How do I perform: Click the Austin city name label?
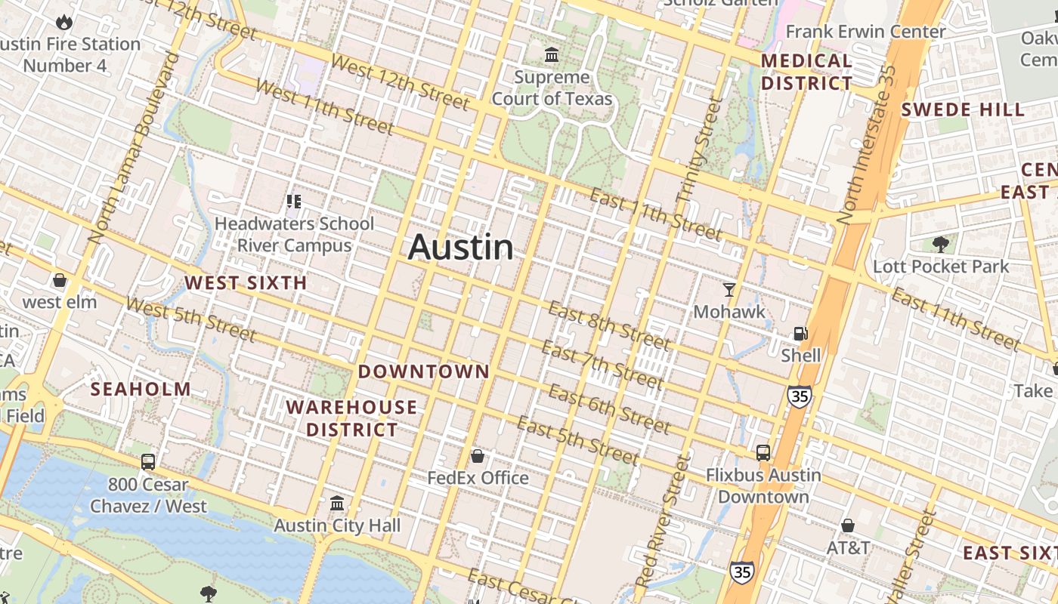(461, 248)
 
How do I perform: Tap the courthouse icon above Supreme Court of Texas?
(552, 55)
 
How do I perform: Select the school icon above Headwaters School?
(294, 202)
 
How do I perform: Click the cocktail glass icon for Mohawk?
(729, 289)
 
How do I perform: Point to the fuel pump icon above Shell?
(800, 333)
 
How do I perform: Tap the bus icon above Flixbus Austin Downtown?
(763, 453)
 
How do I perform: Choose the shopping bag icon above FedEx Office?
(478, 456)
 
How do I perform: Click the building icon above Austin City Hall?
(337, 503)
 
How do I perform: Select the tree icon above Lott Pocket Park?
(941, 244)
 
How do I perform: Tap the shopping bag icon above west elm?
(60, 281)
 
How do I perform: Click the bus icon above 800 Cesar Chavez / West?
(148, 462)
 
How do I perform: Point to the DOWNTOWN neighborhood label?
(424, 371)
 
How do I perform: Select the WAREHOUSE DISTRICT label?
(351, 419)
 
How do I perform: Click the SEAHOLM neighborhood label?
(141, 390)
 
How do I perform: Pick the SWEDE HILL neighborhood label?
(963, 110)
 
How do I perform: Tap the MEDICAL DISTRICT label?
(806, 72)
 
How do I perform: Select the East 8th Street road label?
(608, 326)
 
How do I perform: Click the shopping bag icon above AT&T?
(848, 525)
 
